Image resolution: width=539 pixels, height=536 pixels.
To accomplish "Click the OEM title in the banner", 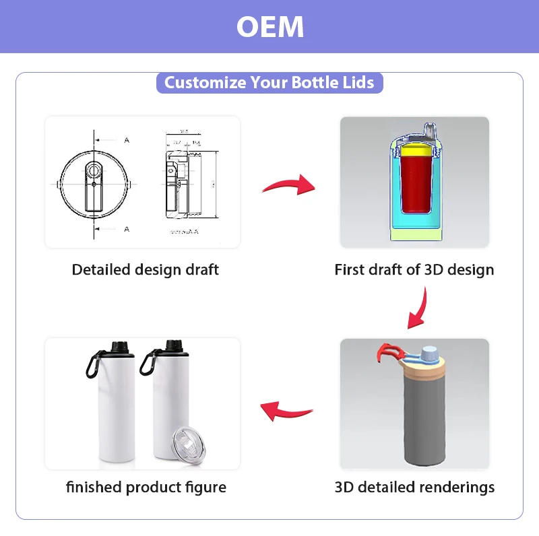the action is click(270, 27).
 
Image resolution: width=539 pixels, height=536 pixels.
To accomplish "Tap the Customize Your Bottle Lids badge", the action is click(269, 83).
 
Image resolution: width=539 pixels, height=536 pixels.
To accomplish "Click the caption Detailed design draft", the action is click(146, 270).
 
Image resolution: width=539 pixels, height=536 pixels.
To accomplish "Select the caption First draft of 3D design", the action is click(414, 270).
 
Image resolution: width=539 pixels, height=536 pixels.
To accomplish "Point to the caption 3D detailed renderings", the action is click(414, 487).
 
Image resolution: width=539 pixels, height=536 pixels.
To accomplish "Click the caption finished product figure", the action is click(146, 487).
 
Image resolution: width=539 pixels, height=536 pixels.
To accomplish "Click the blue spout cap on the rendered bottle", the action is click(430, 354).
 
